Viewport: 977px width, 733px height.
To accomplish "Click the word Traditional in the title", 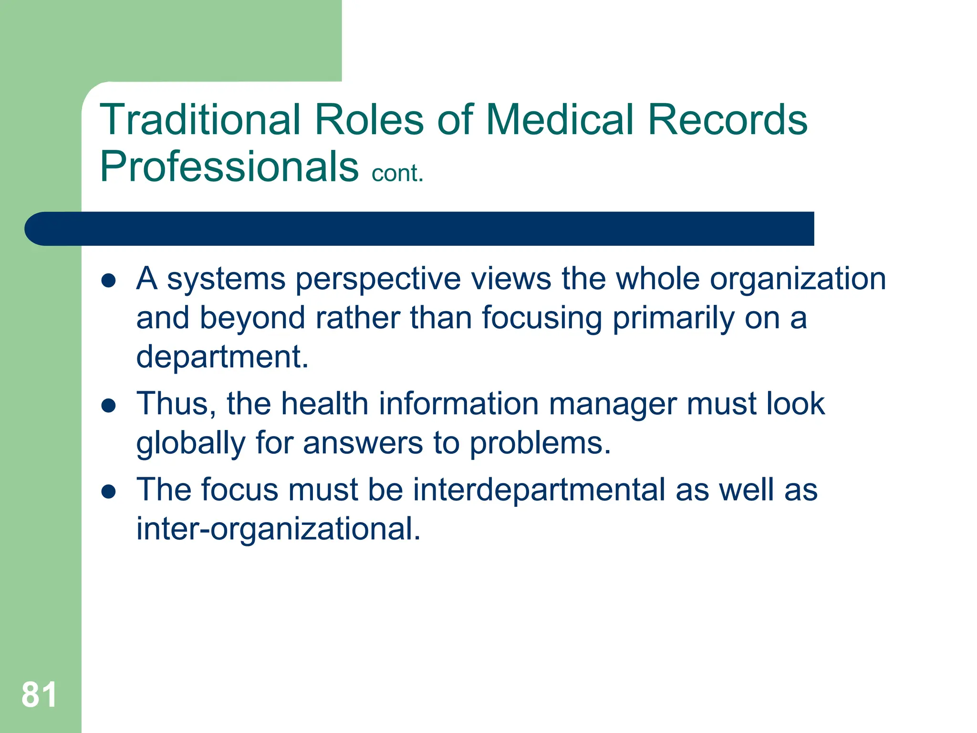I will (200, 120).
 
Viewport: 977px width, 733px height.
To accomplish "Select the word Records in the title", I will (727, 120).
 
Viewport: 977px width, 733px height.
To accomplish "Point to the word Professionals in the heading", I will (229, 167).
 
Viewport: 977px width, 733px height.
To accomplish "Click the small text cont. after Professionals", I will (397, 173).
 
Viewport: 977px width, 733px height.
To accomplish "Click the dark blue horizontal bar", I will (420, 229).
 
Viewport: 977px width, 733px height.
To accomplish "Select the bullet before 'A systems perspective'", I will (109, 281).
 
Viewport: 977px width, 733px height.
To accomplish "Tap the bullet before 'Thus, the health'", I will (109, 406).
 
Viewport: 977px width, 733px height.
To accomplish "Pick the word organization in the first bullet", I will (798, 280).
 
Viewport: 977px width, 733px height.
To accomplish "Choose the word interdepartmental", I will (539, 491).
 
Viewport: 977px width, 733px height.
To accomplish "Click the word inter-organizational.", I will (278, 529).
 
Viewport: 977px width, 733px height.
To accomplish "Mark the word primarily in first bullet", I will (673, 319).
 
